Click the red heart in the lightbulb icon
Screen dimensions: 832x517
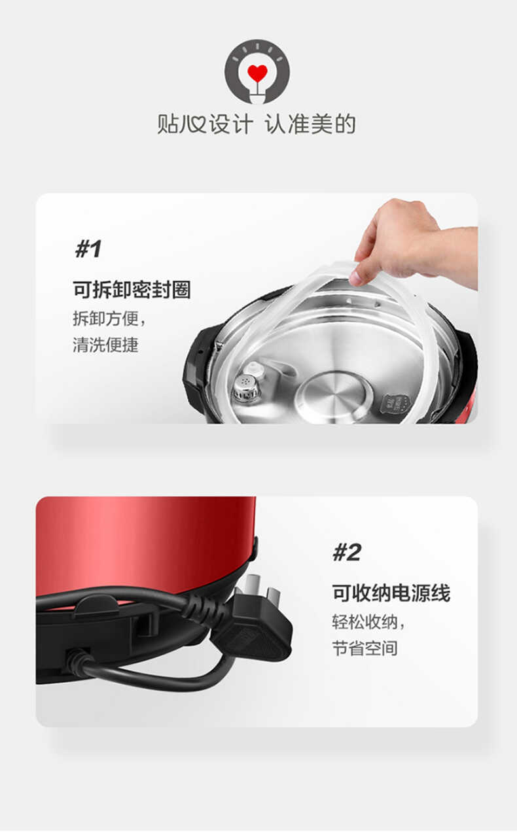257,73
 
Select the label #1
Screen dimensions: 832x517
88,249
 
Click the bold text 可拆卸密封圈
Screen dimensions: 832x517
132,290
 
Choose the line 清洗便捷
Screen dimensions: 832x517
105,345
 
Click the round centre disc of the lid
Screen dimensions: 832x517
333,395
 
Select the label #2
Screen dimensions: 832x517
346,553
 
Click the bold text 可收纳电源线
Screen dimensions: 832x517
391,593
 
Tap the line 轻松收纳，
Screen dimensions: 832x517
368,622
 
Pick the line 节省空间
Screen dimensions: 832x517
365,648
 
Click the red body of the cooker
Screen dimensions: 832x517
144,543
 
